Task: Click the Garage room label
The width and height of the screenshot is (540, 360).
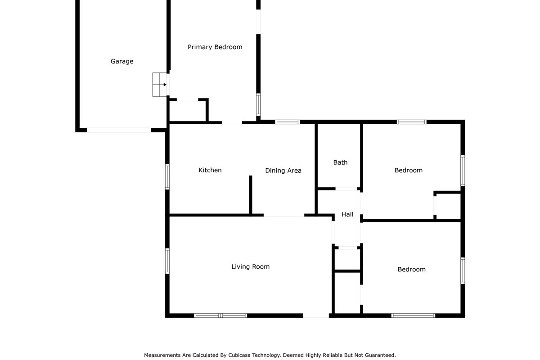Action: click(122, 62)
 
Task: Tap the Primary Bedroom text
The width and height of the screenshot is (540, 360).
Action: click(215, 47)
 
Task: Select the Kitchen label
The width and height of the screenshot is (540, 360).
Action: click(210, 170)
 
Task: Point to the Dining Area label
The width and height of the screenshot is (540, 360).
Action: click(283, 171)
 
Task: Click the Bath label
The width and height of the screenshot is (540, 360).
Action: click(340, 162)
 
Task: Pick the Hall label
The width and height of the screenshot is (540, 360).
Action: click(347, 215)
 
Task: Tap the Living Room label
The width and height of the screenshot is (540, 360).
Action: click(250, 267)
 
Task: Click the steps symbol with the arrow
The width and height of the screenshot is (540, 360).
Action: click(160, 85)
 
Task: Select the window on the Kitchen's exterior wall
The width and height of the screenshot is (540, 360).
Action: click(167, 176)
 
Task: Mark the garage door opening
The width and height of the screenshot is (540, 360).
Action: click(119, 130)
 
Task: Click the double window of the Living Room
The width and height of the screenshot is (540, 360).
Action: click(220, 315)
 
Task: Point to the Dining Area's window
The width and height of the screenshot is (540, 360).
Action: click(288, 122)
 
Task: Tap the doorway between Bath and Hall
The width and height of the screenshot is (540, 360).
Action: click(347, 189)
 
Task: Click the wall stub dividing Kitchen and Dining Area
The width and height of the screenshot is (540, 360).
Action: click(251, 195)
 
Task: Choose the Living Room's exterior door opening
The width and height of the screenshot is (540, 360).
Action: click(316, 315)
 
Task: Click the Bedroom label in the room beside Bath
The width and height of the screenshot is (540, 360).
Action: click(408, 170)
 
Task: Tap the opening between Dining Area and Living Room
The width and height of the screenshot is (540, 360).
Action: click(284, 216)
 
